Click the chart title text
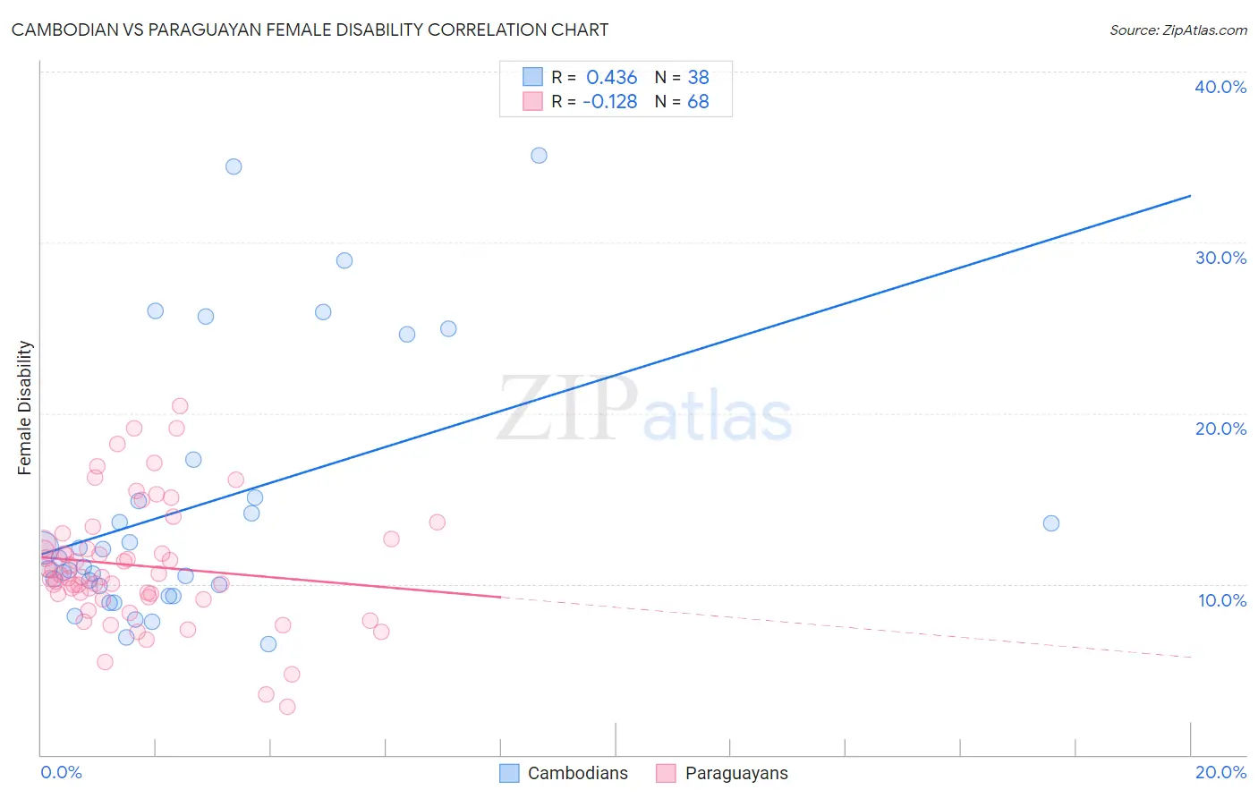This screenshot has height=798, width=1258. (x=310, y=30)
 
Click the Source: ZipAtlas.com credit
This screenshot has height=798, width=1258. (x=1177, y=30)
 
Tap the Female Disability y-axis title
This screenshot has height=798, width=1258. (x=25, y=408)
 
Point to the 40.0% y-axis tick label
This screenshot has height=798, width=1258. (x=1220, y=87)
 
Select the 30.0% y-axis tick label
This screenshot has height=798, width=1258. (x=1220, y=258)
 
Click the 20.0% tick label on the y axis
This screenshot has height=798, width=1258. (x=1220, y=429)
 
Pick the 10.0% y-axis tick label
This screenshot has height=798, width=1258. (x=1220, y=600)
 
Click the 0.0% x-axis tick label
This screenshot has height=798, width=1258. (x=61, y=772)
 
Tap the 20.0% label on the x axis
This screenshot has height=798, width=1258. (x=1220, y=772)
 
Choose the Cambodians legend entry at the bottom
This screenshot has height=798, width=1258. (x=564, y=773)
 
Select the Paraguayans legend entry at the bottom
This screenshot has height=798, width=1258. (x=722, y=773)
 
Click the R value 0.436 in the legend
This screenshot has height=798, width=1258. (x=611, y=78)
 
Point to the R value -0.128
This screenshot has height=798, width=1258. (x=609, y=101)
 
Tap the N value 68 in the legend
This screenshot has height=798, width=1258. (x=698, y=101)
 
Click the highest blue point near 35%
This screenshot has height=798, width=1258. (x=539, y=156)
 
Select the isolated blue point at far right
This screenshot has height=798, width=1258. (x=1051, y=523)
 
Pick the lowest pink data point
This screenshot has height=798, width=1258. (x=287, y=707)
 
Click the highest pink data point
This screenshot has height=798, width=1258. (x=180, y=406)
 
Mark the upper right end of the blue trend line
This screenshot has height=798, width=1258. (x=1190, y=195)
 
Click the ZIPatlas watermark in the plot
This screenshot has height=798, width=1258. (x=644, y=410)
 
